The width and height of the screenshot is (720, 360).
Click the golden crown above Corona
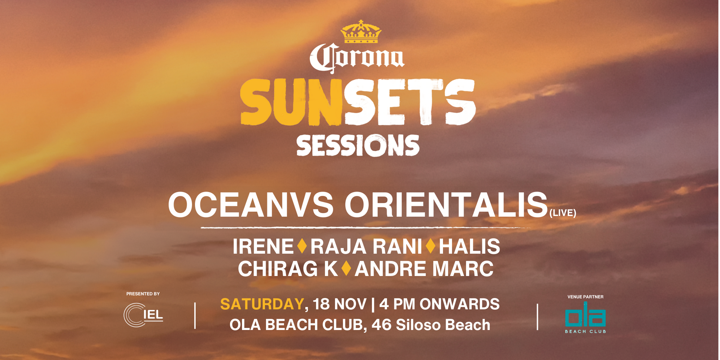(361, 32)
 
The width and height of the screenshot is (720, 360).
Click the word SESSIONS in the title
(358, 145)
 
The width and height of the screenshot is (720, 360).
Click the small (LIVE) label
(563, 213)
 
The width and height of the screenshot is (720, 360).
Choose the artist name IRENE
(263, 247)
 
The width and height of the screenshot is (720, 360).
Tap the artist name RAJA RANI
(366, 247)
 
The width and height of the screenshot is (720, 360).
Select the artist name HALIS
(469, 247)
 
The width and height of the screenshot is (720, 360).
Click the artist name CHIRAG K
(288, 269)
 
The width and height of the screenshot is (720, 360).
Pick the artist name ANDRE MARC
(424, 269)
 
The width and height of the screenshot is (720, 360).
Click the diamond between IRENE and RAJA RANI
(302, 246)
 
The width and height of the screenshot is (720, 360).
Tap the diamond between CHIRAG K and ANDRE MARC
(346, 268)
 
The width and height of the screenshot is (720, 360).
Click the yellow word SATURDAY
(262, 304)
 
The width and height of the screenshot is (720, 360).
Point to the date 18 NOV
(340, 304)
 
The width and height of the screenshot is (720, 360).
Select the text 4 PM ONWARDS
(439, 304)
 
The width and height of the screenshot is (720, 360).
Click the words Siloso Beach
(443, 325)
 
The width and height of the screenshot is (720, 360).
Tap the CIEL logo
(143, 315)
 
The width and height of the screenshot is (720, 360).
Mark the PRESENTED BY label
(143, 294)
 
